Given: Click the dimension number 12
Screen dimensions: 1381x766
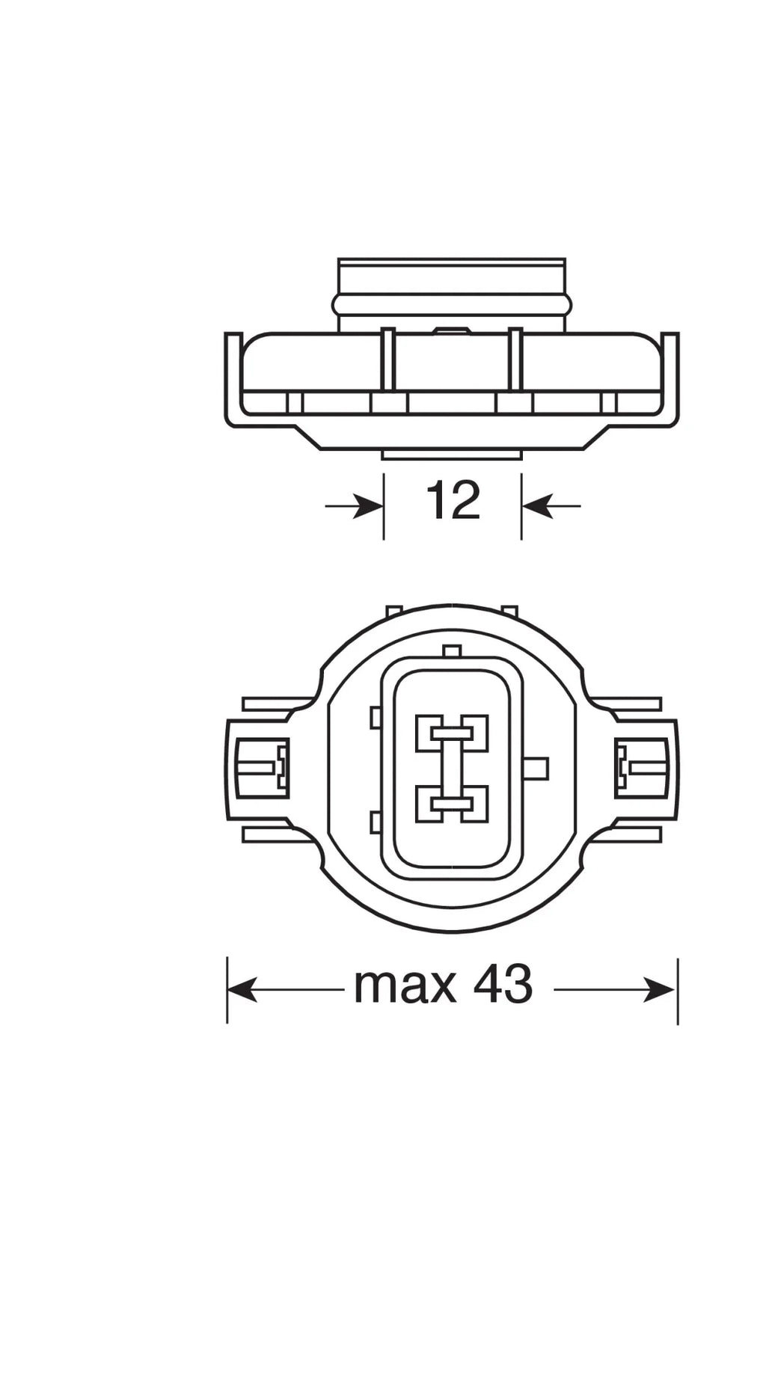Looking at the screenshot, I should click(453, 502).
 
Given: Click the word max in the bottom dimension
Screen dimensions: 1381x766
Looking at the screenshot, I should click(404, 985).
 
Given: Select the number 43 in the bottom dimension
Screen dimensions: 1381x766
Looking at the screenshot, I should click(503, 985).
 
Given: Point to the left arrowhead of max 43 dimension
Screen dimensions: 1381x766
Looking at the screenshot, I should click(242, 991).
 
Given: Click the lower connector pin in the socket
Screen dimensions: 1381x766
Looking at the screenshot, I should click(452, 804).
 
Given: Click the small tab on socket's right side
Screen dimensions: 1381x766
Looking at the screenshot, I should click(537, 768).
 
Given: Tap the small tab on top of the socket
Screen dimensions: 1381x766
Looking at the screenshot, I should click(451, 651).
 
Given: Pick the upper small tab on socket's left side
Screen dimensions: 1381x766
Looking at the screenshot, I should click(376, 718).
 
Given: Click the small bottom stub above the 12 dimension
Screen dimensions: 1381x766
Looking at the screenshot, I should click(452, 455).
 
